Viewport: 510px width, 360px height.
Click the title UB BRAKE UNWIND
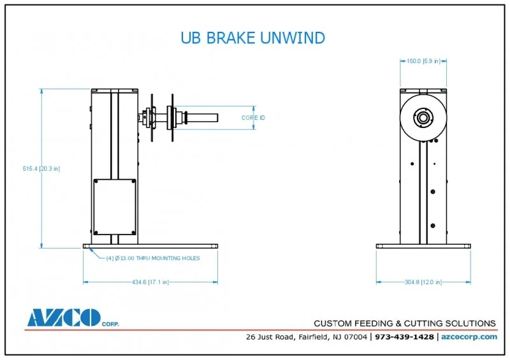[x=252, y=38]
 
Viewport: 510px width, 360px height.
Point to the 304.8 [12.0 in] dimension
[x=422, y=281]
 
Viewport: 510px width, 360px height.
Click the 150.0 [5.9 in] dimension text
[x=423, y=62]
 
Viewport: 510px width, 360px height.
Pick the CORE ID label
[x=253, y=118]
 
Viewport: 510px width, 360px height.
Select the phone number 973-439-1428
[x=404, y=336]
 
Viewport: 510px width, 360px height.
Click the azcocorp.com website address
[x=469, y=336]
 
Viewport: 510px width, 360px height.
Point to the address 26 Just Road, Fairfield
[x=306, y=336]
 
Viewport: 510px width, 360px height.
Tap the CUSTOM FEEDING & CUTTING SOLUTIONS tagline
[x=405, y=323]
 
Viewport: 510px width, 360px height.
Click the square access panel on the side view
[x=115, y=206]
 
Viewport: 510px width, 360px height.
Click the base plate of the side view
[x=150, y=246]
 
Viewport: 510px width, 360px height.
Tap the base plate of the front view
[x=423, y=246]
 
